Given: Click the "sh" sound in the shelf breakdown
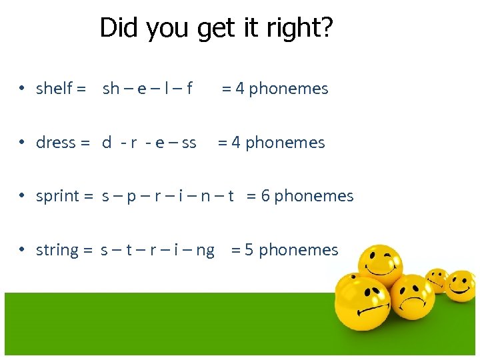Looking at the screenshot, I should point(111,89).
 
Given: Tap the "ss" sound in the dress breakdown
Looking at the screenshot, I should point(189,143).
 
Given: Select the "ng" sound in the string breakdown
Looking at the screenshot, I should point(205,251).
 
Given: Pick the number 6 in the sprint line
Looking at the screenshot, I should point(265,196).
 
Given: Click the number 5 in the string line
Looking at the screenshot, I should point(249,250).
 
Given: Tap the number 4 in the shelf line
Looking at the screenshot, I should point(239,89).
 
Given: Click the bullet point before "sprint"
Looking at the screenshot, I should point(22,196).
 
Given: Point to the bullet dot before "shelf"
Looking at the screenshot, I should point(22,89).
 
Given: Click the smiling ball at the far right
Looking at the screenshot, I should point(460,285).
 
